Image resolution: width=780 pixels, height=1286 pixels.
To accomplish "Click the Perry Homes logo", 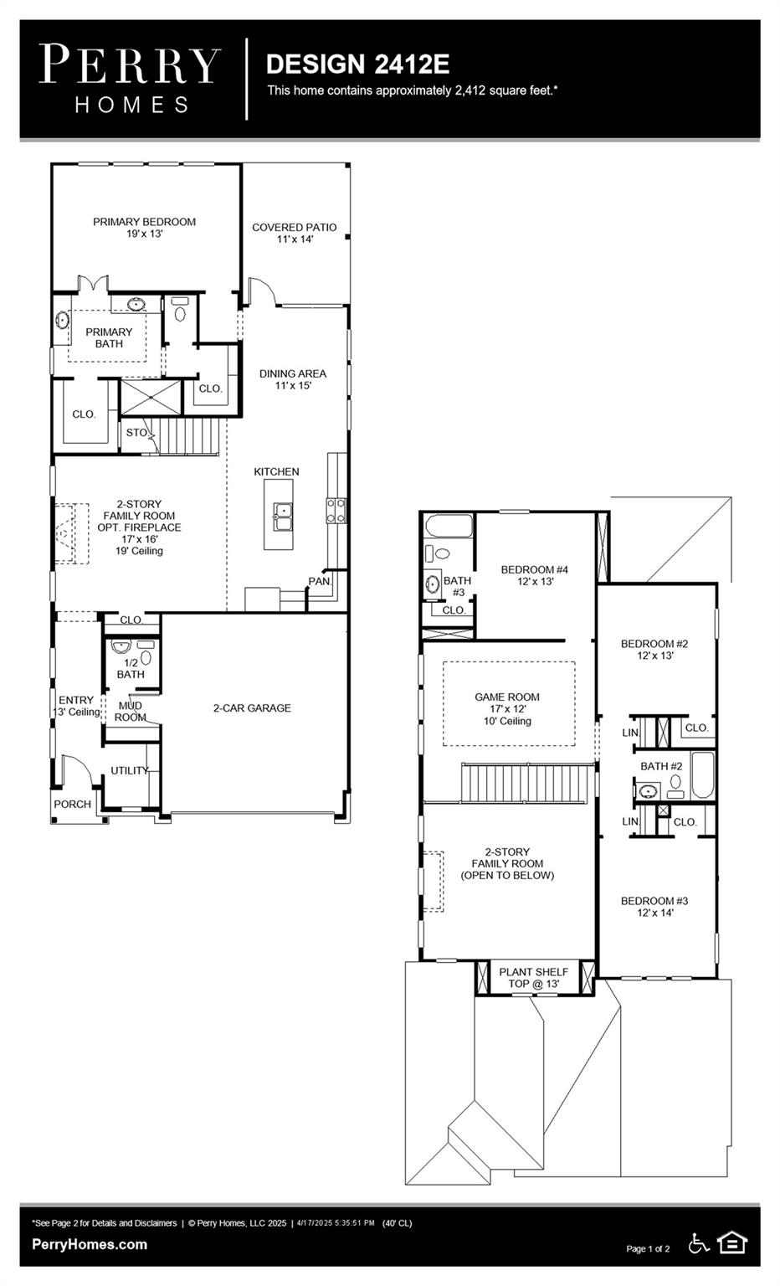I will (x=130, y=79).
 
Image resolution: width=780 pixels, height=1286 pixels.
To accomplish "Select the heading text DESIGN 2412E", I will (x=357, y=64).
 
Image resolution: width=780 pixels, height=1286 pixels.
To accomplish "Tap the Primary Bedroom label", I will (x=144, y=228).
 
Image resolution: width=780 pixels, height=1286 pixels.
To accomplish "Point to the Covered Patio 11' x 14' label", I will (x=294, y=233).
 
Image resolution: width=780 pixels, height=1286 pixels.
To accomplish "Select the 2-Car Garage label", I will (x=251, y=708).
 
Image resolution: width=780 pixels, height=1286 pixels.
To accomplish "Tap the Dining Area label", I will (x=292, y=379).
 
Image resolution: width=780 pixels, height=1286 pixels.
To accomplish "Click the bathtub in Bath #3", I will (x=447, y=527).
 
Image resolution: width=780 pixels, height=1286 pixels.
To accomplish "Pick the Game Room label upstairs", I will (x=507, y=708).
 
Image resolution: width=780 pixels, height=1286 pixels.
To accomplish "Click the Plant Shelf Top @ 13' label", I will (x=533, y=977).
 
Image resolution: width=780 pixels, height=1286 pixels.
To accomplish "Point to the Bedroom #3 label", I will (x=654, y=907).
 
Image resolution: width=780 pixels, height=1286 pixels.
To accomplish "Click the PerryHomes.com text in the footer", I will (x=90, y=1245).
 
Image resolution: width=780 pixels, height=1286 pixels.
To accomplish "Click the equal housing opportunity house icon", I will (x=731, y=1243).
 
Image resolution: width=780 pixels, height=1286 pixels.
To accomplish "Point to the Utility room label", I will (x=129, y=770).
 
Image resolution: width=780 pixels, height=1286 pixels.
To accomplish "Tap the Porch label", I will (x=72, y=804).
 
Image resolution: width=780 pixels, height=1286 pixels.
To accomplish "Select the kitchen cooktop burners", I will (x=336, y=511).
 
